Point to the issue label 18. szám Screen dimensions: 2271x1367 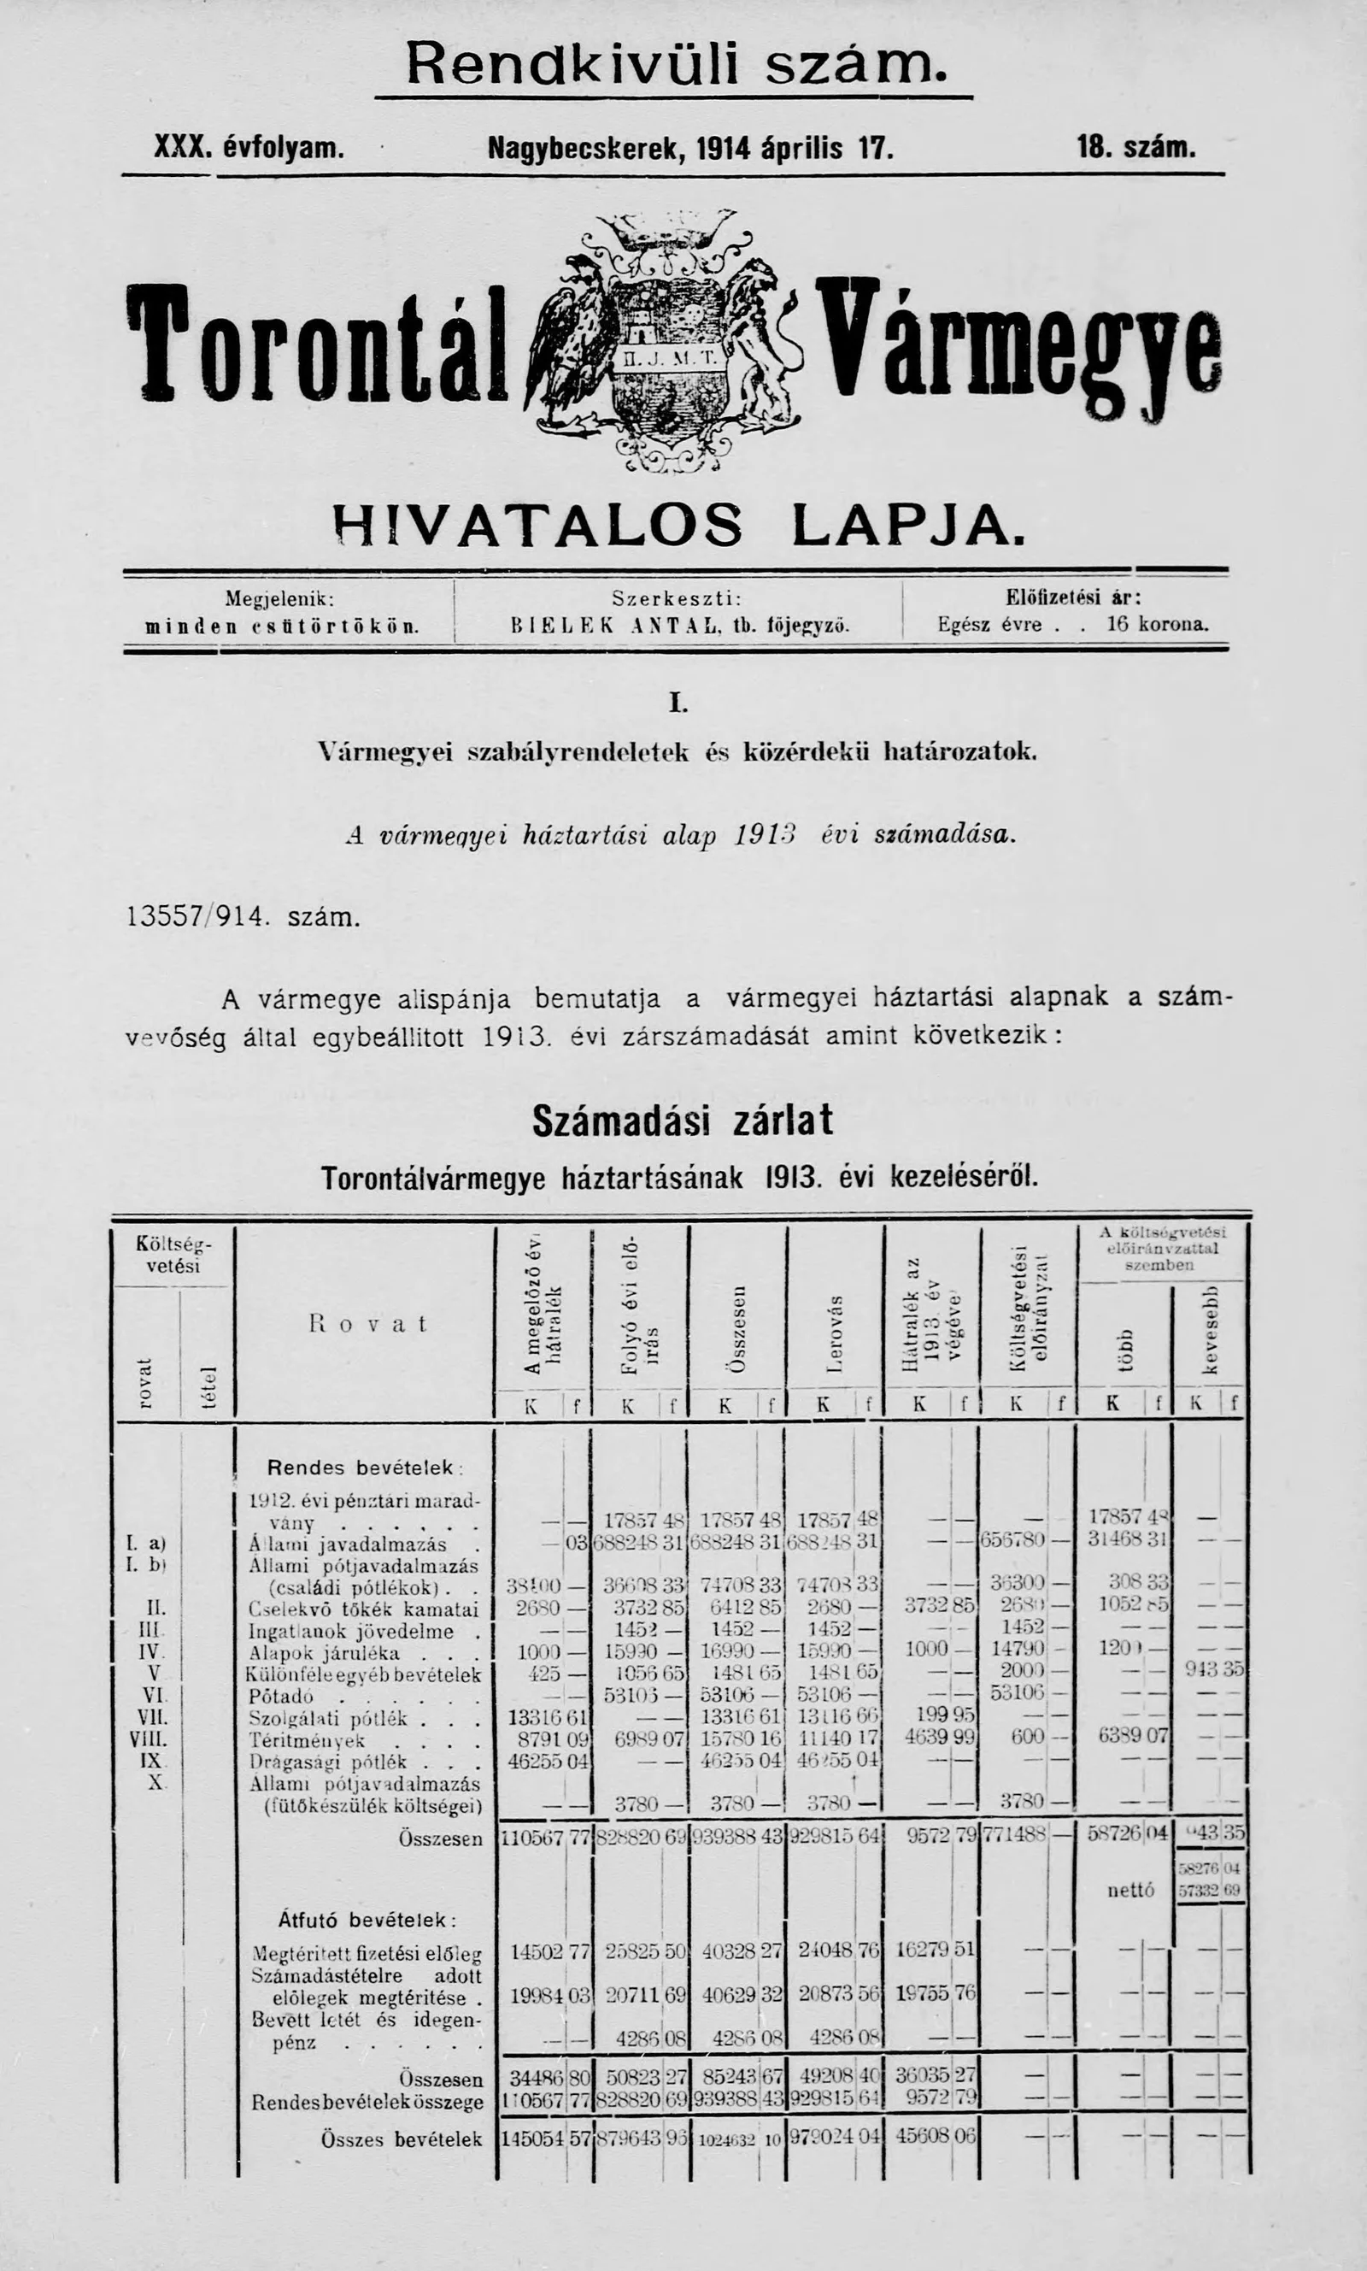coord(1135,146)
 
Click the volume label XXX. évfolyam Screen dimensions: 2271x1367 coord(249,146)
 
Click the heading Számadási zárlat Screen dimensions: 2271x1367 coord(683,1121)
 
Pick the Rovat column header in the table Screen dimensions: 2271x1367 coord(367,1324)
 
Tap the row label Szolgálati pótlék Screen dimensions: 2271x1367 coord(328,1717)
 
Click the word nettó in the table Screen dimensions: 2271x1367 coord(1129,1890)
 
